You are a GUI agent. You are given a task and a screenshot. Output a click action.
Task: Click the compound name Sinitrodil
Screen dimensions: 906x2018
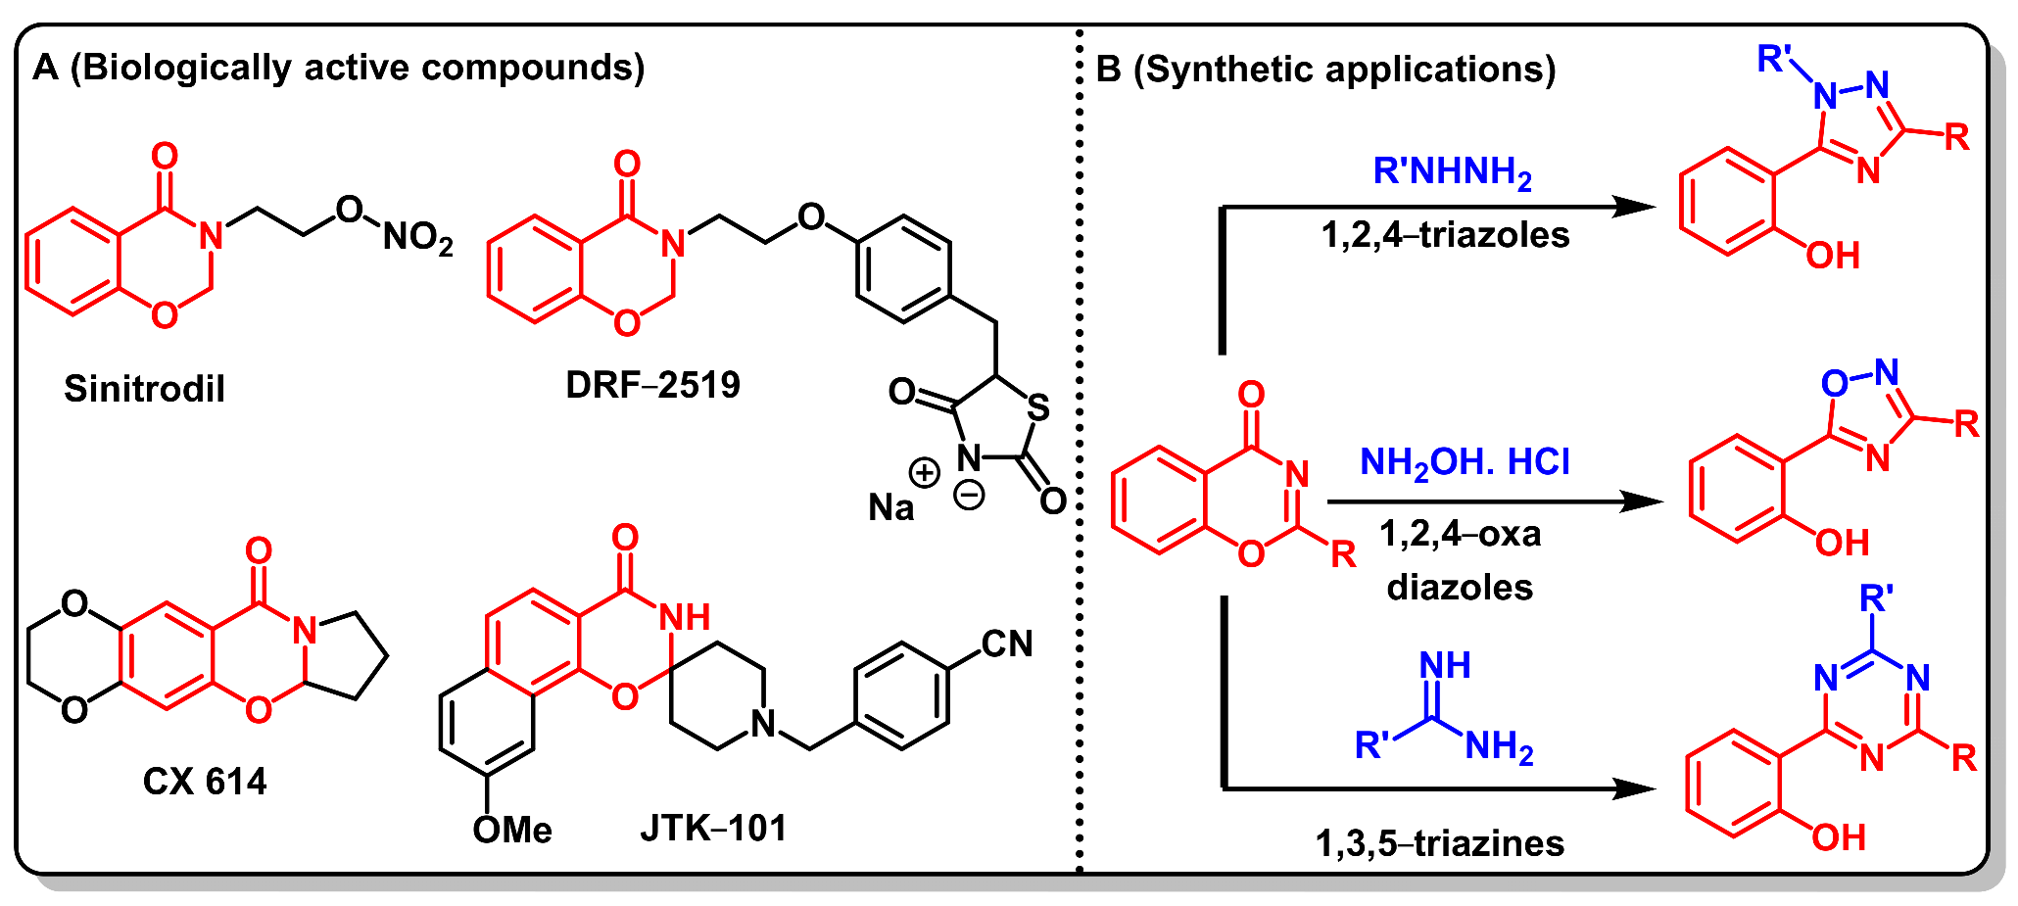pyautogui.click(x=144, y=389)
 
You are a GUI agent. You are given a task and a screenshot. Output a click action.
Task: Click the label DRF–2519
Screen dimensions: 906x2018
pyautogui.click(x=652, y=385)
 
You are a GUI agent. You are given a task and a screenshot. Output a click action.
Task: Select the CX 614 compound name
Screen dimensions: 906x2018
pyautogui.click(x=205, y=782)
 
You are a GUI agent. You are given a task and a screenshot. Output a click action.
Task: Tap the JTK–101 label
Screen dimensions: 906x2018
pyautogui.click(x=713, y=829)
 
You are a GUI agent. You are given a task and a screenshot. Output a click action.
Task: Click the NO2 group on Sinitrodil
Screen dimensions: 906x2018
pyautogui.click(x=417, y=238)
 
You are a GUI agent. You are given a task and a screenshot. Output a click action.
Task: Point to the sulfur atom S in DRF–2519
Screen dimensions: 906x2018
pyautogui.click(x=1038, y=407)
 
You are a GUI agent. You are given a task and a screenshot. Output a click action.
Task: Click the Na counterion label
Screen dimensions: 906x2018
pyautogui.click(x=890, y=507)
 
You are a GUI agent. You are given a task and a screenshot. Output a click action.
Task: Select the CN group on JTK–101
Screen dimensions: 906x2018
pyautogui.click(x=1007, y=644)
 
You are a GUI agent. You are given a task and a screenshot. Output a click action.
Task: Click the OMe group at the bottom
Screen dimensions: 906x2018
pyautogui.click(x=511, y=831)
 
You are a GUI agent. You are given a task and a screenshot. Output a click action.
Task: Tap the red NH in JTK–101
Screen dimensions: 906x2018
pyautogui.click(x=685, y=617)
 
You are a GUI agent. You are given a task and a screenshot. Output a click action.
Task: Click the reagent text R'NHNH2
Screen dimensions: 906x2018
pyautogui.click(x=1452, y=172)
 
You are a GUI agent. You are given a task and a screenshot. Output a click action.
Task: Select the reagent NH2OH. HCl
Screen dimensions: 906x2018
pyautogui.click(x=1465, y=462)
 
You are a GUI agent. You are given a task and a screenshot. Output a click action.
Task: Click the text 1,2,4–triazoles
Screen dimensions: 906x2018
pyautogui.click(x=1445, y=235)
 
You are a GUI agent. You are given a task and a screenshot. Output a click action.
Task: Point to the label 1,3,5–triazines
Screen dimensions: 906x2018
pyautogui.click(x=1439, y=843)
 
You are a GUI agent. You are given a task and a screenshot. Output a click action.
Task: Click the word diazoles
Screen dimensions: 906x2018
pyautogui.click(x=1460, y=588)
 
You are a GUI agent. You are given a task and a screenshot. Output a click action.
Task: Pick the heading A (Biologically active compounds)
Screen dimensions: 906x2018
pyautogui.click(x=339, y=68)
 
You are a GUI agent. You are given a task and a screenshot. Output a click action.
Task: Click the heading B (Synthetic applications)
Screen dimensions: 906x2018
pyautogui.click(x=1325, y=70)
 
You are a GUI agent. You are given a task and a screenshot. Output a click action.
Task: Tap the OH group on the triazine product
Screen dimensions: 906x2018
pyautogui.click(x=1838, y=837)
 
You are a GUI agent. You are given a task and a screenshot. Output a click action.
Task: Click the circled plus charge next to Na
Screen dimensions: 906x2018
pyautogui.click(x=924, y=473)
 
